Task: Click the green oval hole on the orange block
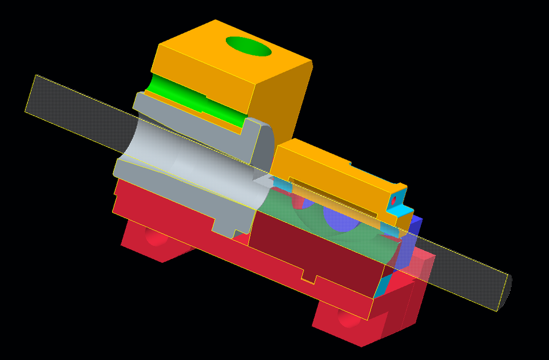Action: click(x=248, y=46)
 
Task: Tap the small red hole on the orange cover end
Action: click(x=393, y=201)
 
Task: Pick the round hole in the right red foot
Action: click(x=349, y=318)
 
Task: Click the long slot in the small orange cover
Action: click(x=332, y=198)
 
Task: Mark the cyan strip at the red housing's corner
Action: click(x=381, y=286)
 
